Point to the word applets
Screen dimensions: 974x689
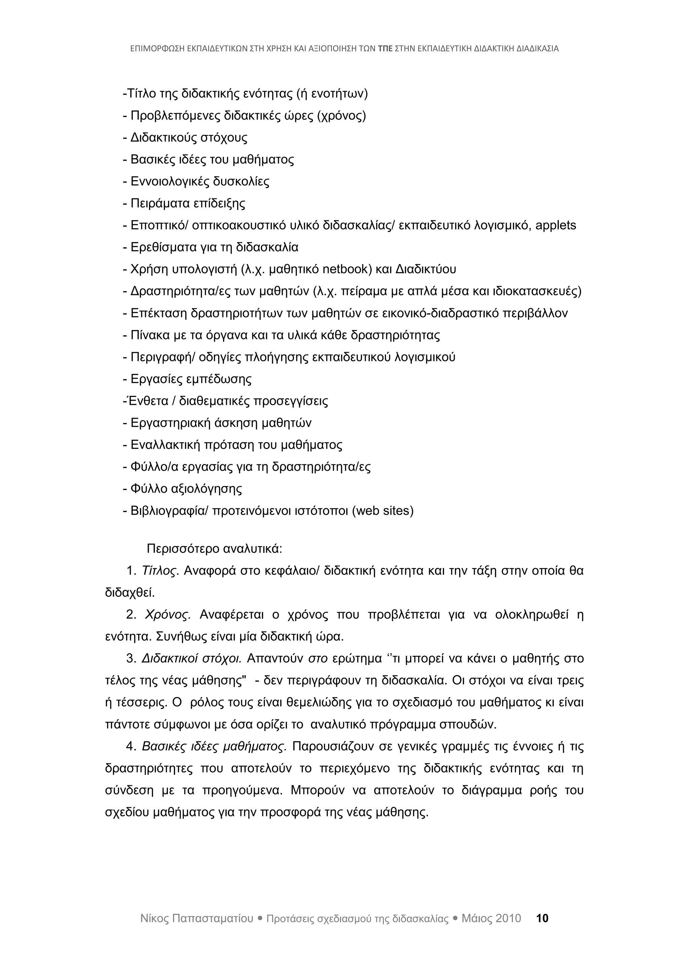click(556, 225)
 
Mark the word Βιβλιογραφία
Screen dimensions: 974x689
click(168, 511)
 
